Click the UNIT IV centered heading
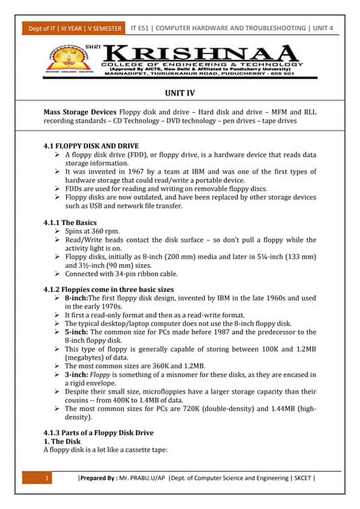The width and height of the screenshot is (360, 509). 180,94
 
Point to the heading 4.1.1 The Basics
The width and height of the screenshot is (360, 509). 70,223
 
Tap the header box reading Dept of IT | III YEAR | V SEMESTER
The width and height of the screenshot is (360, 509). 72,29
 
